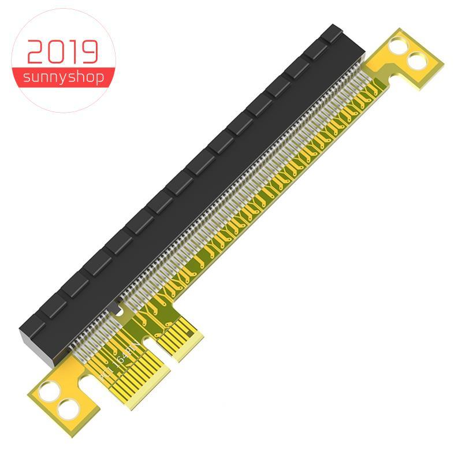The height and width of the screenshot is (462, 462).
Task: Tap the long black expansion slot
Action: coord(191,179)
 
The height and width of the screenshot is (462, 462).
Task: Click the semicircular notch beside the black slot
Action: coord(120,311)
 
